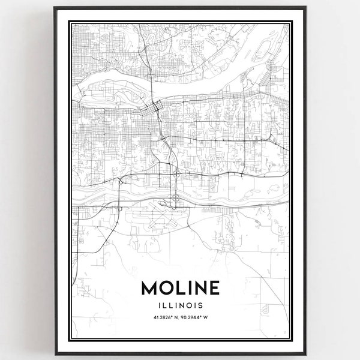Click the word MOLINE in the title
click(179, 288)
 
